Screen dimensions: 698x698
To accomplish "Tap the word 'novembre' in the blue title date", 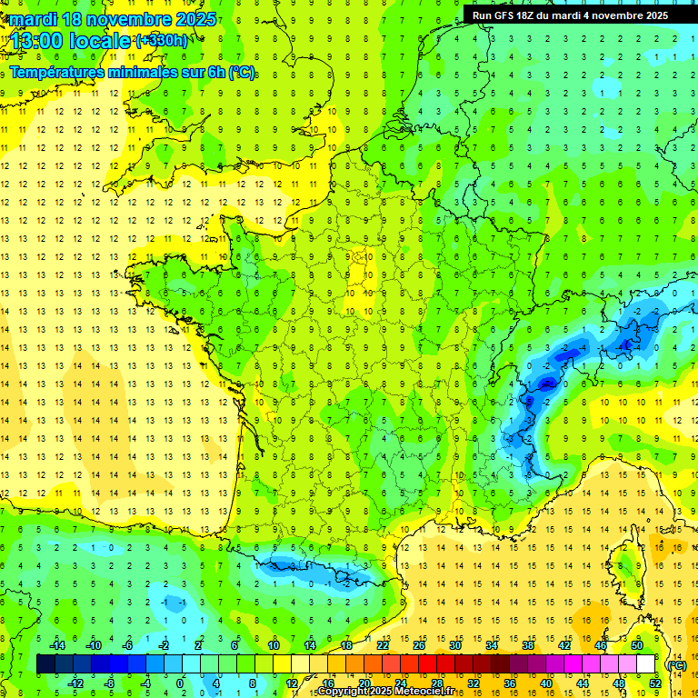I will [x=128, y=19].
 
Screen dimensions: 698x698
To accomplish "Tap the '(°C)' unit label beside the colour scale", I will [x=676, y=665].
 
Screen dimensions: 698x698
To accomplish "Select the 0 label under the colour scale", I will [x=180, y=683].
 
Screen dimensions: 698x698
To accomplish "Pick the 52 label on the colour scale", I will [x=654, y=683].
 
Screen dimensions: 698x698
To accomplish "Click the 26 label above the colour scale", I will [x=419, y=645].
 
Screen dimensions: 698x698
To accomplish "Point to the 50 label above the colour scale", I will [x=637, y=645].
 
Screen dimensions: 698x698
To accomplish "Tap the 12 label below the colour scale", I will [x=291, y=683].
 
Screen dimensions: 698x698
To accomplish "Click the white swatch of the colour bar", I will [x=646, y=664].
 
